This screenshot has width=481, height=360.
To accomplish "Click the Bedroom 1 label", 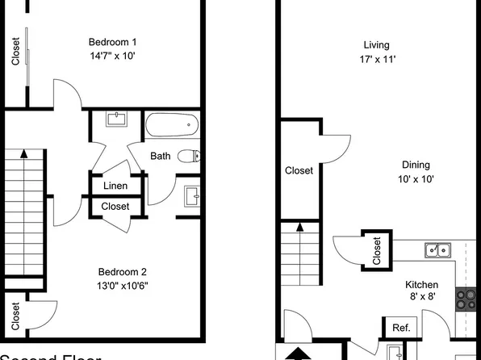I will [112, 42].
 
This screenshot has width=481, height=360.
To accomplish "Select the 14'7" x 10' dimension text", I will [112, 57].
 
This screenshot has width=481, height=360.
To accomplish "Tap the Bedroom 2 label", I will [123, 271].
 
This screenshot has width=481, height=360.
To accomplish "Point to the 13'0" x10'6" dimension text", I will [123, 285].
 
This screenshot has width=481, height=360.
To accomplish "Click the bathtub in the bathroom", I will [171, 125].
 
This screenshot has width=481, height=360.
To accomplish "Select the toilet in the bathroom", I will [189, 156].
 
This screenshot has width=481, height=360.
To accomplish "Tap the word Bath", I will [160, 156].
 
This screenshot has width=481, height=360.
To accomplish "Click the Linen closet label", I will [115, 186].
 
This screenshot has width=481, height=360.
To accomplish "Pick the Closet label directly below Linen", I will [115, 207].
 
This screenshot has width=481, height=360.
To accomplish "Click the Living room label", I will [376, 45].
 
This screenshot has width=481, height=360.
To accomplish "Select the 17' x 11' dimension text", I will [377, 60].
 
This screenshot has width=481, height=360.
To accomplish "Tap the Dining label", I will [415, 165].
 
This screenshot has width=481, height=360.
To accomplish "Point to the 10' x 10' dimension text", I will [416, 179].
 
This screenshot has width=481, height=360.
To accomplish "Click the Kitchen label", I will [421, 285].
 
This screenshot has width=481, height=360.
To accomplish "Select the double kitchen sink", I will [437, 250].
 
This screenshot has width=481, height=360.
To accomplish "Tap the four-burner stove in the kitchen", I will [466, 299].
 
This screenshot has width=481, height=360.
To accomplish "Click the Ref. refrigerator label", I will [400, 328].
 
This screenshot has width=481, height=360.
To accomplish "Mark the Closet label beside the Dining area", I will [299, 170].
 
